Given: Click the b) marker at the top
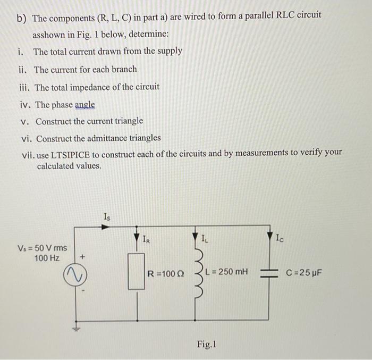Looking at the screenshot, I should pos(22,18).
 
